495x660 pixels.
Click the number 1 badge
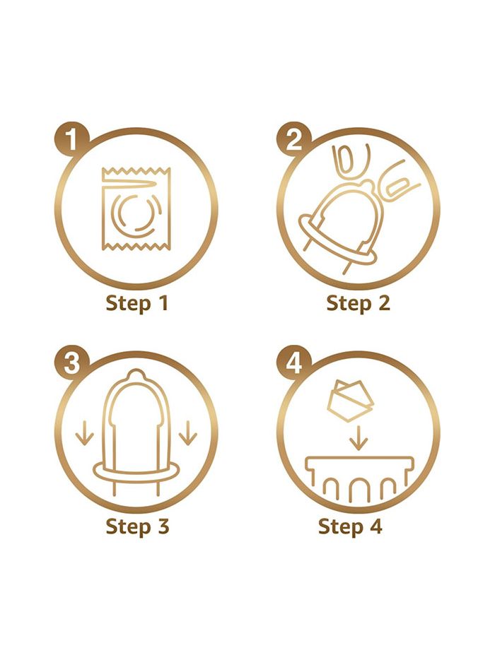(x=71, y=139)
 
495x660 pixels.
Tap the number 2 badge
(x=293, y=139)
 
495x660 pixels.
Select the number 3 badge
(x=71, y=363)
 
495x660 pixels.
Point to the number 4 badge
(x=293, y=363)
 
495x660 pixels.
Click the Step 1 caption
(x=137, y=303)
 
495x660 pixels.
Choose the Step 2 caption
(x=358, y=303)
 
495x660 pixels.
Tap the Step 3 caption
(x=137, y=526)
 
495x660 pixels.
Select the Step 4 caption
(x=350, y=526)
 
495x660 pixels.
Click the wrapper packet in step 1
(x=136, y=208)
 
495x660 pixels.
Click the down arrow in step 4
(x=359, y=437)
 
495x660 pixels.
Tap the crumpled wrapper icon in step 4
(x=349, y=401)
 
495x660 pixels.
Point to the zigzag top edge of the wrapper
(x=136, y=171)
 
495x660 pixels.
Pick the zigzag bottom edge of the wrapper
(x=136, y=246)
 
